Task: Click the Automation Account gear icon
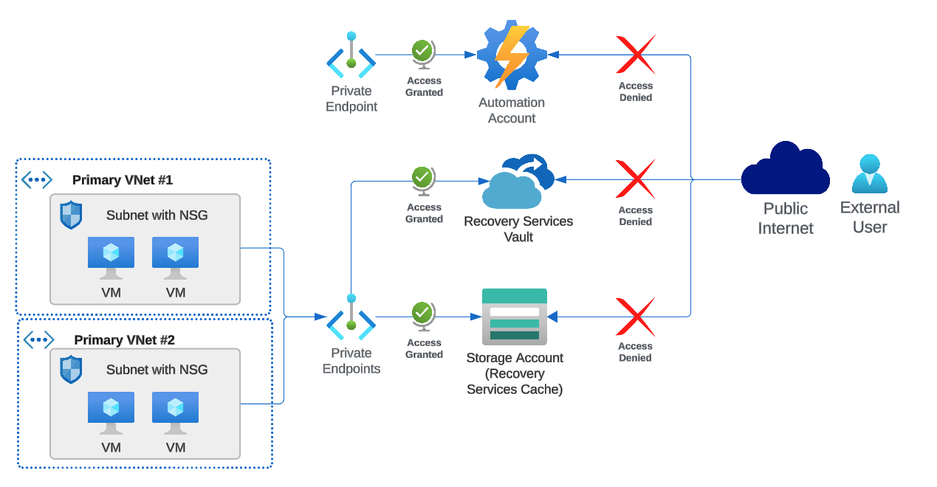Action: (x=512, y=55)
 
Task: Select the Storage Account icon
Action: (x=515, y=317)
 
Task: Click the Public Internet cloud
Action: (x=785, y=171)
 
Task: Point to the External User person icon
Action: (x=870, y=174)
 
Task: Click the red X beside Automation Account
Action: (x=635, y=55)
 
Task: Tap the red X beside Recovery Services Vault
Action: (x=635, y=179)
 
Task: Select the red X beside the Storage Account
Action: (x=635, y=317)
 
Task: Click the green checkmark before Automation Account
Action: (x=422, y=51)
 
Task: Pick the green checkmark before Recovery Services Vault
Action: (x=422, y=177)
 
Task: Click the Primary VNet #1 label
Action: (x=123, y=180)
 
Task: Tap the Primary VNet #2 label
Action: (x=124, y=340)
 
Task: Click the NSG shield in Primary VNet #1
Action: (x=71, y=215)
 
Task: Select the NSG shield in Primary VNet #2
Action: (x=71, y=369)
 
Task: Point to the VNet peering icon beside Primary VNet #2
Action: (x=38, y=340)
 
